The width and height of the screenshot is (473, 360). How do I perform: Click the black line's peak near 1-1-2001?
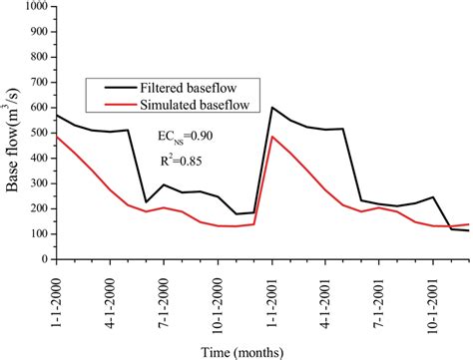[272, 107]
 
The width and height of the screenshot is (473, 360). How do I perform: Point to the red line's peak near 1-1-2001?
[272, 137]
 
